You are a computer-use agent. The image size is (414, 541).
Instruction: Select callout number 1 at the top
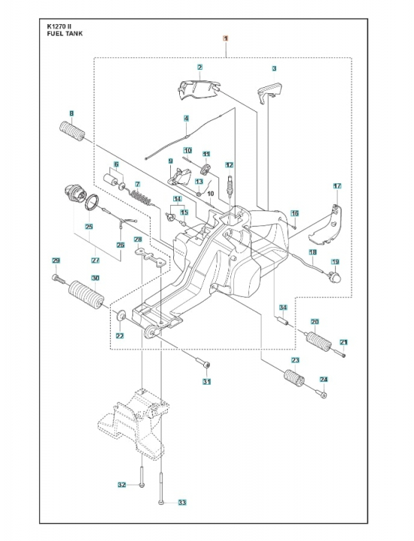224,37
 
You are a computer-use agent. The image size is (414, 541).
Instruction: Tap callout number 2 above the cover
199,68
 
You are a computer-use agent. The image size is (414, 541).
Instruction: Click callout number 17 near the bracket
337,186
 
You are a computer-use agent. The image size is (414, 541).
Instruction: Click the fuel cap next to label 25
76,194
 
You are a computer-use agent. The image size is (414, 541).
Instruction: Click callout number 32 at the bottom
121,485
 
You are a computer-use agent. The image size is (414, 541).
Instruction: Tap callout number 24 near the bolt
324,379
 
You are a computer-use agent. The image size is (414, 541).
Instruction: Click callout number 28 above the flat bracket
138,239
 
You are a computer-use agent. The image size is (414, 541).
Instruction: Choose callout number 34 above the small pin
283,308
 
